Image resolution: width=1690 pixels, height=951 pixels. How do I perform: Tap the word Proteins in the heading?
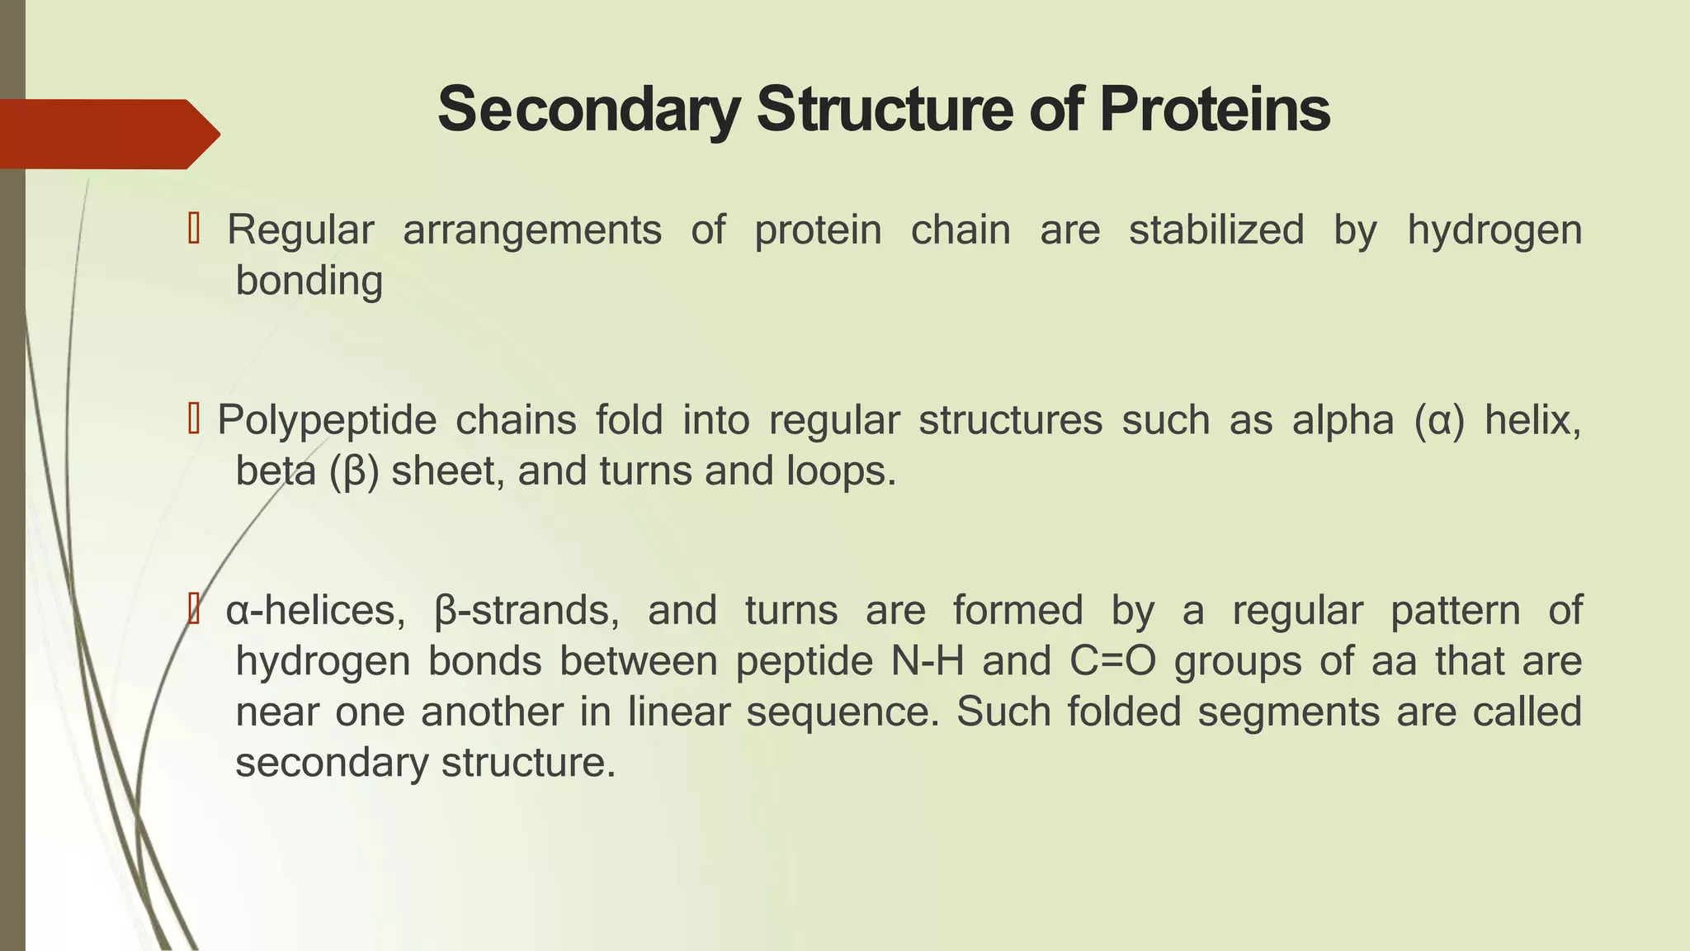pos(1214,110)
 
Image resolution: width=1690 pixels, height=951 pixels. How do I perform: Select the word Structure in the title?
pos(885,110)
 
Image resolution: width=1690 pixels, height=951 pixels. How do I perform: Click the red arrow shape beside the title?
pos(107,134)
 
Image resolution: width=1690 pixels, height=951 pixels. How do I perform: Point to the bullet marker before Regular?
pos(194,229)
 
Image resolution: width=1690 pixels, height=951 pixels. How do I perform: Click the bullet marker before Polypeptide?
pos(194,419)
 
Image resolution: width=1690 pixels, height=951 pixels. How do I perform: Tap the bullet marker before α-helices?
pos(194,610)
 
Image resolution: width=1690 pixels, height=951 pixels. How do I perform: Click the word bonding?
pos(309,281)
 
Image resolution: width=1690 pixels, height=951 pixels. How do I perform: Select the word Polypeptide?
pos(327,421)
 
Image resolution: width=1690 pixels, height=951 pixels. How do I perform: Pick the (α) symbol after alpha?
pos(1439,421)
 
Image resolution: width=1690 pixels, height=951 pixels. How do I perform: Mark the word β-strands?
pos(526,612)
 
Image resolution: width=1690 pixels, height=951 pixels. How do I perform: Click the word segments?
pos(1288,712)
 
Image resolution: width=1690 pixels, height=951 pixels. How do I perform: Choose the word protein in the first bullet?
pos(818,230)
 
